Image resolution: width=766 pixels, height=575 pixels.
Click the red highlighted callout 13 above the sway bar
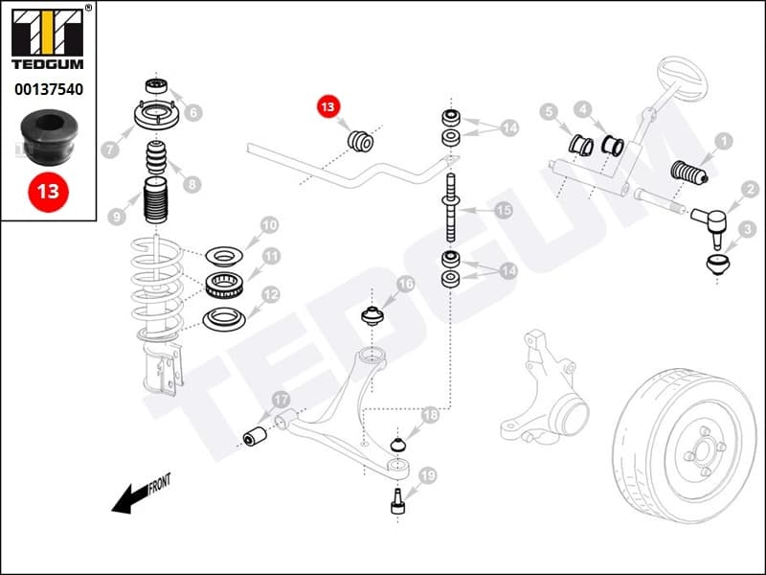(328, 107)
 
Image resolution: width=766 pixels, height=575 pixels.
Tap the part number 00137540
(48, 90)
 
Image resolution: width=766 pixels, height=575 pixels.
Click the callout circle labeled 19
(427, 475)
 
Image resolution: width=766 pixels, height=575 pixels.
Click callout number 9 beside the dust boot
(118, 218)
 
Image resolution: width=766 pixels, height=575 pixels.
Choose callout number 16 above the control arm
(405, 284)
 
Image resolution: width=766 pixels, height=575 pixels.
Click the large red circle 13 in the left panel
(48, 191)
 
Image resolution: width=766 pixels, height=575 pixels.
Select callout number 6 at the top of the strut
(193, 113)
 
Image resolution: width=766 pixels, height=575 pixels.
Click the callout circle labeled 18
(430, 415)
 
